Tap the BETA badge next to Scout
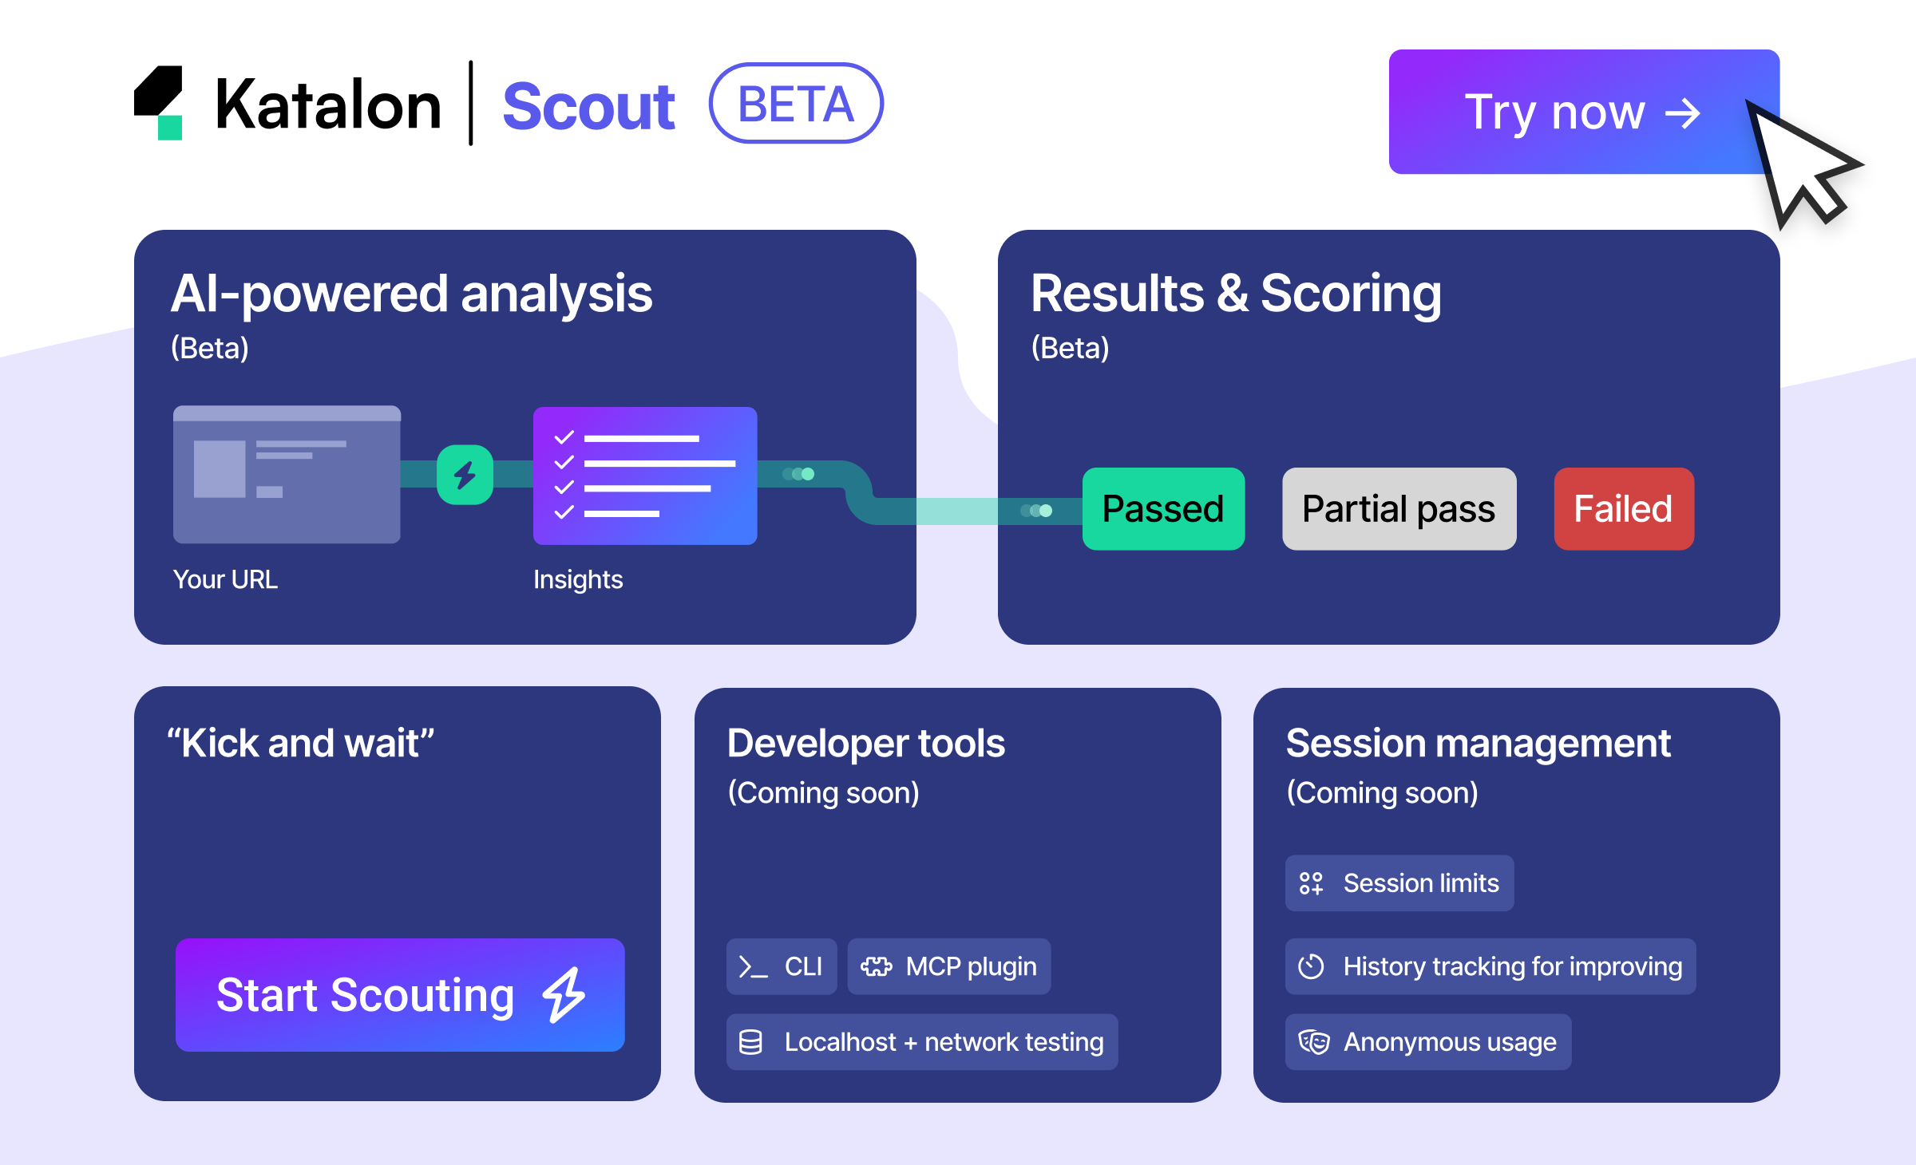pyautogui.click(x=795, y=104)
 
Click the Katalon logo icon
pyautogui.click(x=159, y=103)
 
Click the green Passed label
pyautogui.click(x=1162, y=508)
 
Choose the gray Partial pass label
pyautogui.click(x=1398, y=508)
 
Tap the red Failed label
pyautogui.click(x=1623, y=508)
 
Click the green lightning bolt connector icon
pyautogui.click(x=465, y=475)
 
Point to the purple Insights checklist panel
pyautogui.click(x=644, y=476)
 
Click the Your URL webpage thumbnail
pyautogui.click(x=287, y=475)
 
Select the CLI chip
pyautogui.click(x=781, y=966)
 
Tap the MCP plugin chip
pyautogui.click(x=948, y=966)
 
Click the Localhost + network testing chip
pyautogui.click(x=921, y=1041)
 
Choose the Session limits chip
pyautogui.click(x=1399, y=883)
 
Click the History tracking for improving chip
pyautogui.click(x=1490, y=966)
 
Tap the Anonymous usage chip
pyautogui.click(x=1427, y=1041)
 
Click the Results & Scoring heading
pyautogui.click(x=1235, y=294)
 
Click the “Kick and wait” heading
pyautogui.click(x=300, y=743)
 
